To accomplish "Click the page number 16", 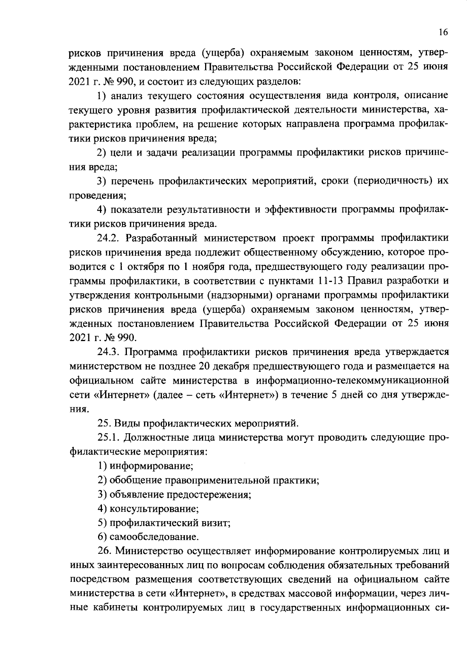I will (443, 32).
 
